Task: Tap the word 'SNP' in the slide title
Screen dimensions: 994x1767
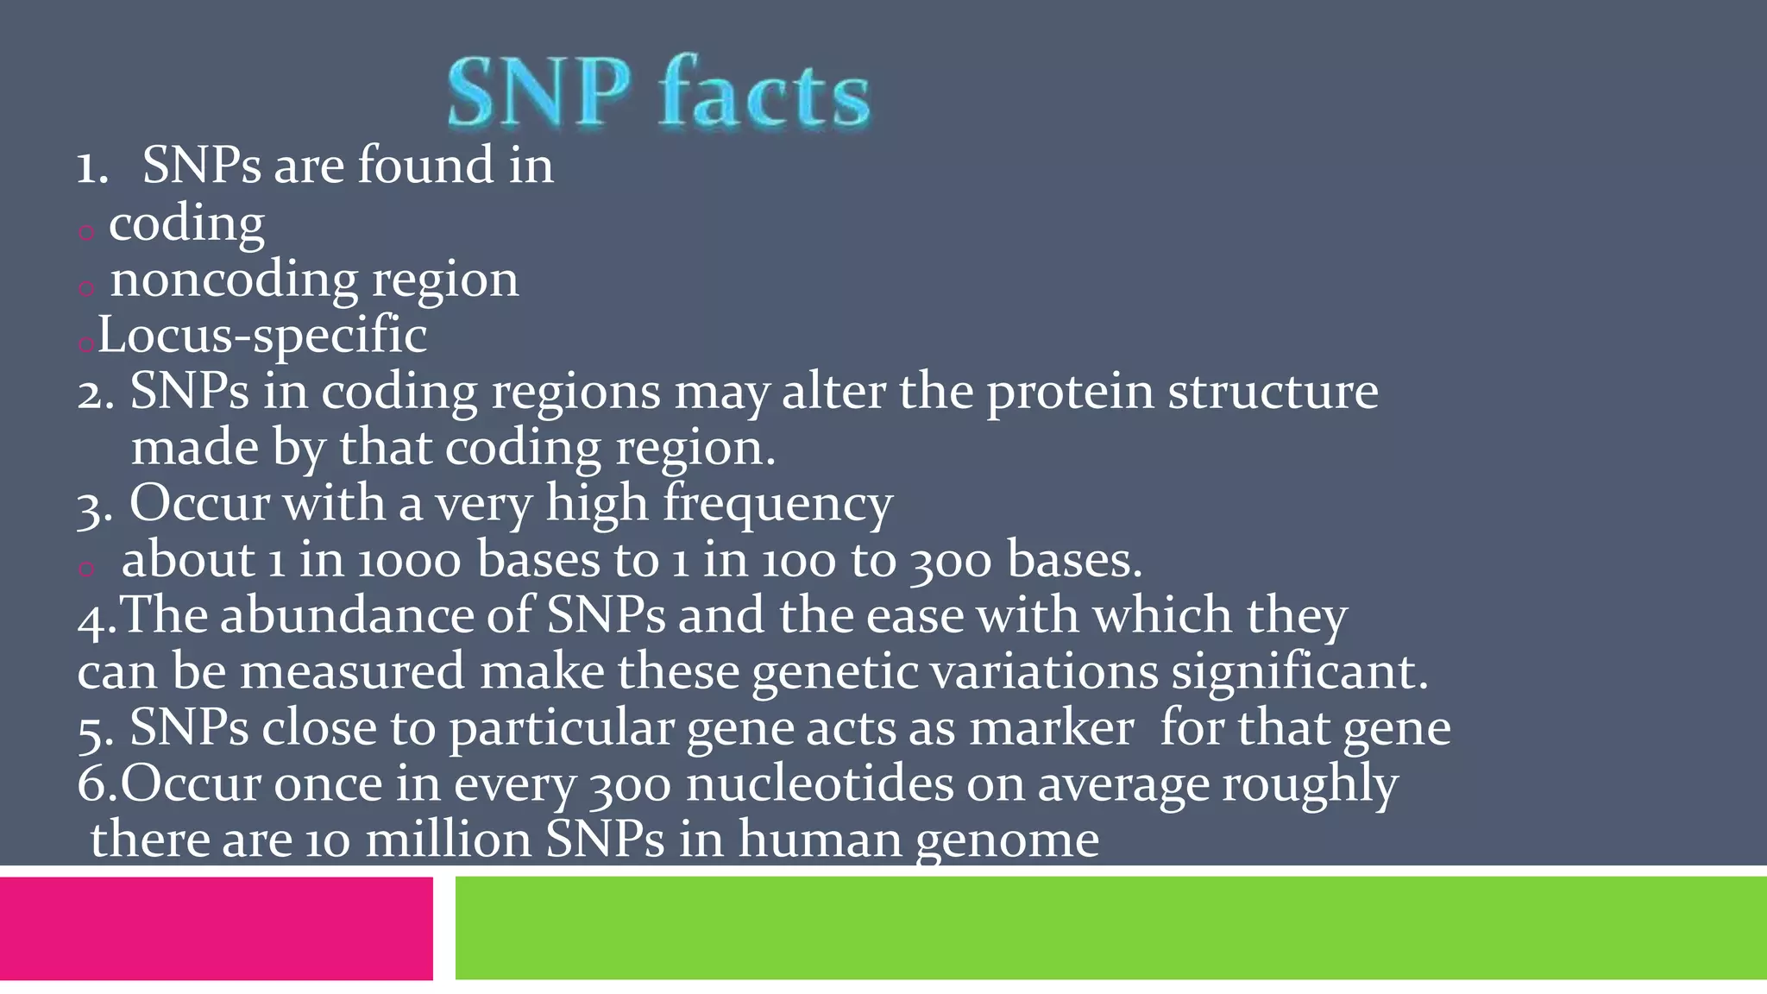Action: (539, 93)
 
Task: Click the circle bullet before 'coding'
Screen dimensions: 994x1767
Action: (85, 231)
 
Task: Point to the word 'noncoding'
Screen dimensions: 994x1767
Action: (234, 280)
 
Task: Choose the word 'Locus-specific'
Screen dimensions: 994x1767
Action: (262, 336)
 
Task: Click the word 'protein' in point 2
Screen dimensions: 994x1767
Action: (1070, 393)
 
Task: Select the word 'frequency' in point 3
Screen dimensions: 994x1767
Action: (777, 504)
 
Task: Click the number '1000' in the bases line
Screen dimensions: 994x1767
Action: (409, 561)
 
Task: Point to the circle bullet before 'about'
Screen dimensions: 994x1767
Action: (85, 568)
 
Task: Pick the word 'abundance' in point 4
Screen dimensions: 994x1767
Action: (347, 616)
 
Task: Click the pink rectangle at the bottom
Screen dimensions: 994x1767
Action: (216, 928)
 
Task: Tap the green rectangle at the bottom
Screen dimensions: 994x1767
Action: (1110, 928)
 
